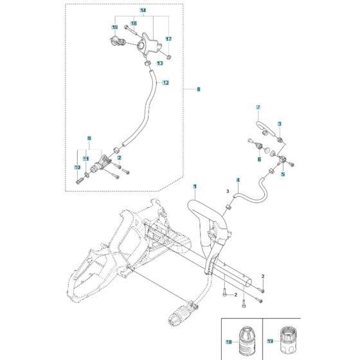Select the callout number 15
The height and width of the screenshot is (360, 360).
[x=114, y=28]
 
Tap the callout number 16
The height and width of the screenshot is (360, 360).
[x=134, y=23]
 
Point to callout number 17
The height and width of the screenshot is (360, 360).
[x=168, y=39]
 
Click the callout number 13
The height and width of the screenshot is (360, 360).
[x=159, y=64]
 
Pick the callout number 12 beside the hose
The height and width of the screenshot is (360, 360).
[x=165, y=83]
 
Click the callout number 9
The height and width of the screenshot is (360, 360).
[x=89, y=138]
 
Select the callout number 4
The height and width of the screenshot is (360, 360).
[x=238, y=180]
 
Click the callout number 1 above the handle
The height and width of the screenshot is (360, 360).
[x=195, y=186]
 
